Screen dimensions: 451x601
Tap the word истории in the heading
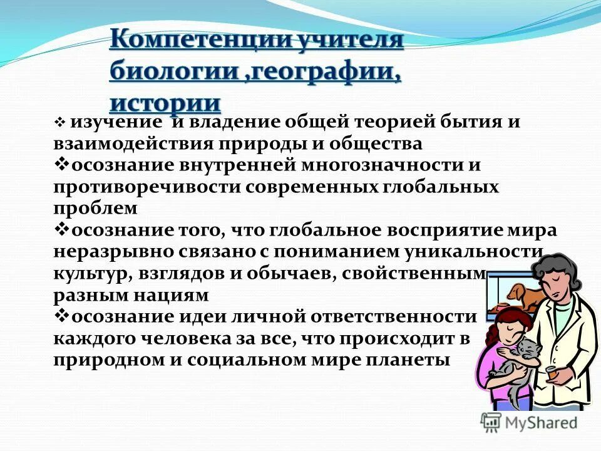(165, 101)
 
